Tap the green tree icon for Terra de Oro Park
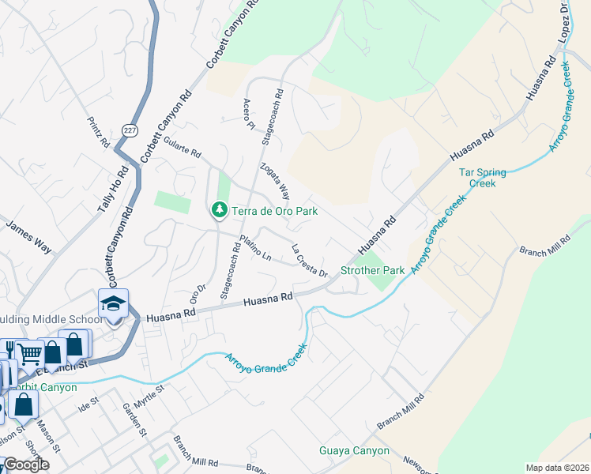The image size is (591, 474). [218, 210]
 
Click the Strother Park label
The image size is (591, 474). [372, 270]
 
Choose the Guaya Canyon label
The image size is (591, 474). [354, 451]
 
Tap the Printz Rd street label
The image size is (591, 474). [99, 133]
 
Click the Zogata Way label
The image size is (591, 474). [275, 182]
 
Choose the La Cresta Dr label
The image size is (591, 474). [310, 261]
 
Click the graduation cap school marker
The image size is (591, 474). [113, 305]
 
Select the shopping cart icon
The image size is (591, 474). [29, 353]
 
